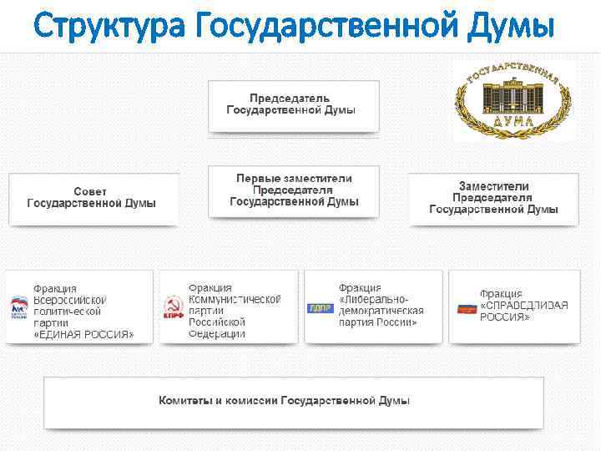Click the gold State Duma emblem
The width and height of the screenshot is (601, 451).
pyautogui.click(x=512, y=99)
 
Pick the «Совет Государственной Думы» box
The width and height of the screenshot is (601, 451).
pyautogui.click(x=93, y=198)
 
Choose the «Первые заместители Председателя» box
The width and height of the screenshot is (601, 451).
pyautogui.click(x=294, y=190)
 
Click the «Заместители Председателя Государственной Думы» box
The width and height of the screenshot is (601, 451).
pyautogui.click(x=493, y=198)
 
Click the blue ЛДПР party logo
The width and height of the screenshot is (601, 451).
pyautogui.click(x=321, y=308)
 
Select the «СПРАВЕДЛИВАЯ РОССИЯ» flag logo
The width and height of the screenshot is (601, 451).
pyautogui.click(x=466, y=308)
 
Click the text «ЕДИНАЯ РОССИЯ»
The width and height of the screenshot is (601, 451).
pyautogui.click(x=83, y=334)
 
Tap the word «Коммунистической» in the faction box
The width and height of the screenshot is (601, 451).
pyautogui.click(x=235, y=299)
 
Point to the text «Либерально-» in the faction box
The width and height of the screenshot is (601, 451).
pyautogui.click(x=374, y=299)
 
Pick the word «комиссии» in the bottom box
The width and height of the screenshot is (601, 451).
pyautogui.click(x=249, y=402)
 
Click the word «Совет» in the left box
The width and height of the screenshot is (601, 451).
pyautogui.click(x=90, y=192)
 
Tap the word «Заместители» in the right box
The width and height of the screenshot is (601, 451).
pyautogui.click(x=493, y=186)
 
